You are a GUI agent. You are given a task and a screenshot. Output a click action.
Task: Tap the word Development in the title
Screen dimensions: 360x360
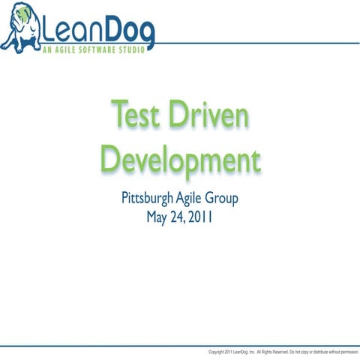180,159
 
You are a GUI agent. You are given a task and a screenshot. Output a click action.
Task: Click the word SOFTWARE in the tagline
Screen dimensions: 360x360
91,49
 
